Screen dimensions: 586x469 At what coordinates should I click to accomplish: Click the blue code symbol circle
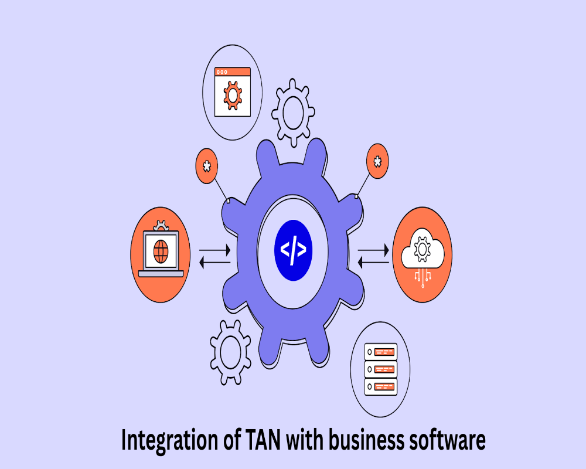click(x=293, y=250)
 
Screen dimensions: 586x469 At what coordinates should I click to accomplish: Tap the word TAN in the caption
click(x=263, y=440)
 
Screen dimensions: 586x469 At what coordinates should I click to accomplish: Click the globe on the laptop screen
click(x=161, y=251)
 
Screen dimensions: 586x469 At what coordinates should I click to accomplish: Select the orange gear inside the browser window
click(x=233, y=96)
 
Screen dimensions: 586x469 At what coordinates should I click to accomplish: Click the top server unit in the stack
click(x=380, y=352)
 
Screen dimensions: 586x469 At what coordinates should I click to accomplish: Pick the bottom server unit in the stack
click(x=380, y=386)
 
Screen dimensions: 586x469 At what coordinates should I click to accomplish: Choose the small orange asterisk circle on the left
click(x=207, y=166)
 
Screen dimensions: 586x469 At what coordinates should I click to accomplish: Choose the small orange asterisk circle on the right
click(x=377, y=161)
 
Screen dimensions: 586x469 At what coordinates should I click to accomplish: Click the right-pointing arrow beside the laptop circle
click(x=214, y=250)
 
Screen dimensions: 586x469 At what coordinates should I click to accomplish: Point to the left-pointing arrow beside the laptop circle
click(x=214, y=263)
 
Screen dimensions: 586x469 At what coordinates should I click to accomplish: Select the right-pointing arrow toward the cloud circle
click(x=373, y=250)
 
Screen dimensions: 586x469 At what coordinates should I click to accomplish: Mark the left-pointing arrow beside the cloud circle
click(x=373, y=262)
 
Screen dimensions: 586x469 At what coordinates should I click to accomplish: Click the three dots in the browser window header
click(x=222, y=72)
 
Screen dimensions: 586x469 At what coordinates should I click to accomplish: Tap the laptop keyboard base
click(x=161, y=274)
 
